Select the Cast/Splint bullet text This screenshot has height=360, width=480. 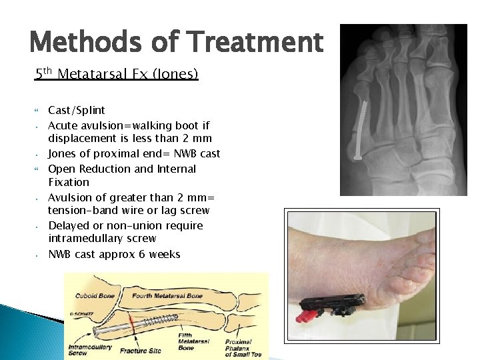pyautogui.click(x=77, y=110)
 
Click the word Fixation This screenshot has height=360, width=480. pyautogui.click(x=69, y=182)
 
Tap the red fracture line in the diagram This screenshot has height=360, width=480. pyautogui.click(x=133, y=323)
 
